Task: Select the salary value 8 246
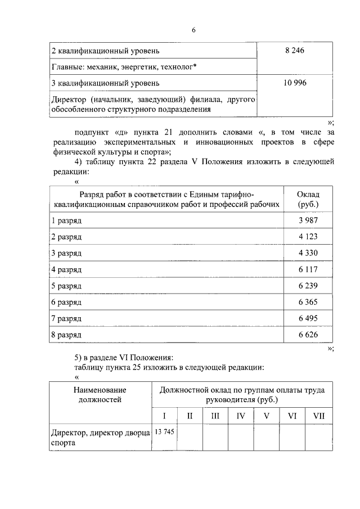click(294, 51)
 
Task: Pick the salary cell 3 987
click(308, 221)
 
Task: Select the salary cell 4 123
click(308, 237)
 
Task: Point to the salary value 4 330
click(308, 254)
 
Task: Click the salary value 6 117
click(308, 270)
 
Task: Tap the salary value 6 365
click(308, 303)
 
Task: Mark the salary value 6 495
click(308, 319)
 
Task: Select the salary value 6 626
click(308, 335)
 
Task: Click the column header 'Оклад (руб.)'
click(308, 199)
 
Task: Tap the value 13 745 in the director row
click(164, 432)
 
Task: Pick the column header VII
click(318, 416)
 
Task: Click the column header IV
click(241, 416)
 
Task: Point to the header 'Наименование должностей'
click(98, 394)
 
